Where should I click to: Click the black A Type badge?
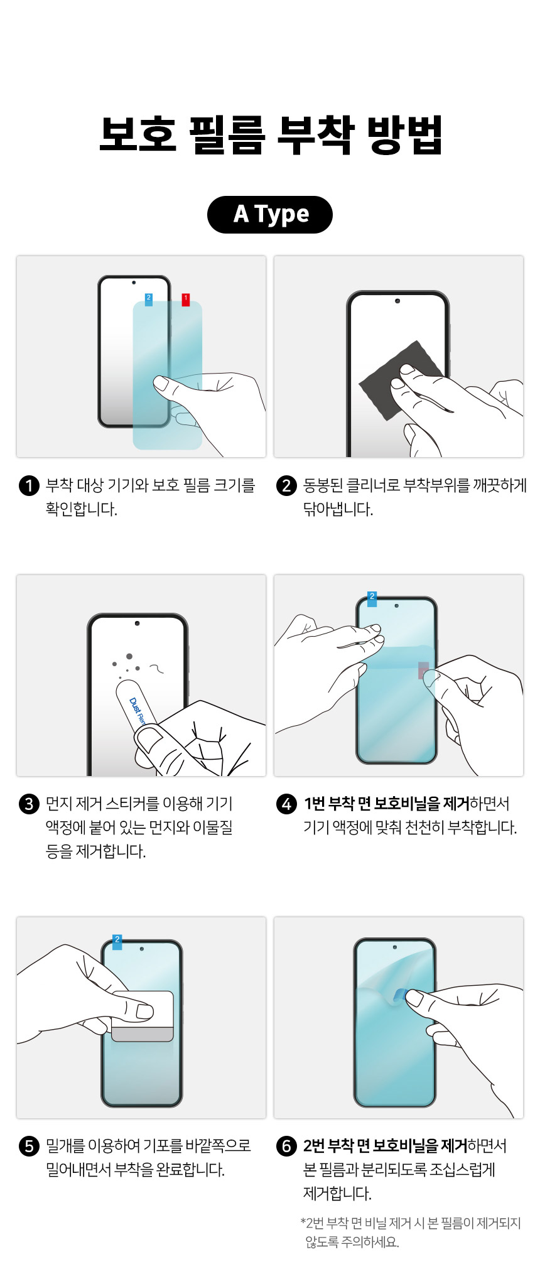269,214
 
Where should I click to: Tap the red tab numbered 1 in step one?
186,299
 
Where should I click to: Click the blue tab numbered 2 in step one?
149,299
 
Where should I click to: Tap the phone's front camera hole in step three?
137,623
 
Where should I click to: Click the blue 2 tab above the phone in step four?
372,598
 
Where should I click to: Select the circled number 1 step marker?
29,485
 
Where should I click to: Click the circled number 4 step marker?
286,804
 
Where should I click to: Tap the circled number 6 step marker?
286,1146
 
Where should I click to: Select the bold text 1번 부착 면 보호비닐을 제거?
386,804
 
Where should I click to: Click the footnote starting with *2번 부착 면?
411,1231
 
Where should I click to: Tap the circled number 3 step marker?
29,804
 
